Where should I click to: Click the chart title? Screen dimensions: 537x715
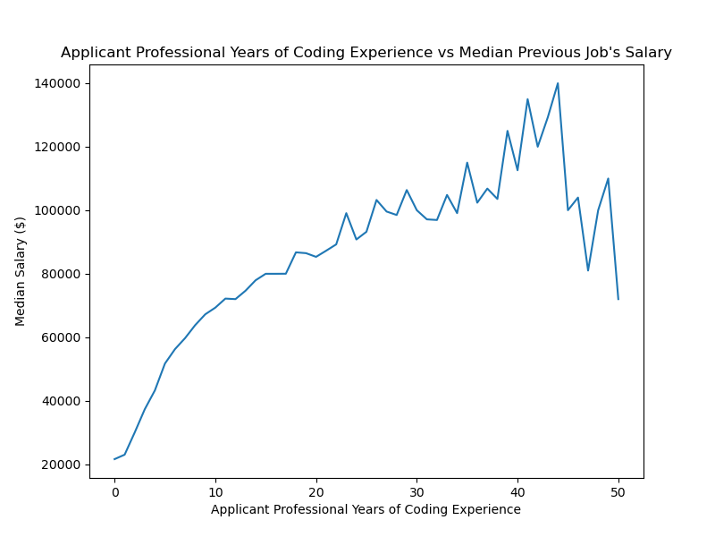366,53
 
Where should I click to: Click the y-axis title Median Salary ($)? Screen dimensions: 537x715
21,271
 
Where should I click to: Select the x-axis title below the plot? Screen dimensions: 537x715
366,509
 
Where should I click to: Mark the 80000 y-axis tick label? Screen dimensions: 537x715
63,274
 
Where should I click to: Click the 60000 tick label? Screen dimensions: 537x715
63,337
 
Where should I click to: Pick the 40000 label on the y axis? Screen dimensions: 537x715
63,401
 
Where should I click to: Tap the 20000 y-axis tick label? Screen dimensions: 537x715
63,465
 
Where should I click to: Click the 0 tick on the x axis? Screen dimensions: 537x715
114,491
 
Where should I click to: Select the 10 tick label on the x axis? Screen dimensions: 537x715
215,491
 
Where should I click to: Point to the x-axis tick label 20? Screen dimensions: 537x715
315,491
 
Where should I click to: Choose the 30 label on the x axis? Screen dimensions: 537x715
416,491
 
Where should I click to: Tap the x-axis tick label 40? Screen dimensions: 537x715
517,491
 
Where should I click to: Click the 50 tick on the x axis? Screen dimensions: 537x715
618,491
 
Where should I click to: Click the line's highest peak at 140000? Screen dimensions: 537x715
558,83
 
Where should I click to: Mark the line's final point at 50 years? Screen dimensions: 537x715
618,299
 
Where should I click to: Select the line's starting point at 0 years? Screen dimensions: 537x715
114,459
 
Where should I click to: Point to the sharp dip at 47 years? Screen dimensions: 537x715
588,270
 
